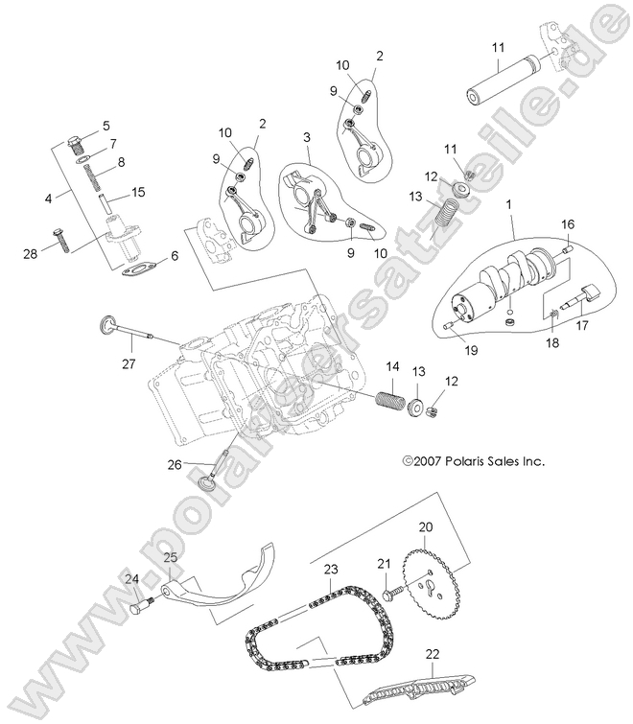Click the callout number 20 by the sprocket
click(425, 526)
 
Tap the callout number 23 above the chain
click(330, 570)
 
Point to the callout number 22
click(432, 654)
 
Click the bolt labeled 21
click(388, 596)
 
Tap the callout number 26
click(174, 466)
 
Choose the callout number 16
click(567, 223)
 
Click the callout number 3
click(307, 137)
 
